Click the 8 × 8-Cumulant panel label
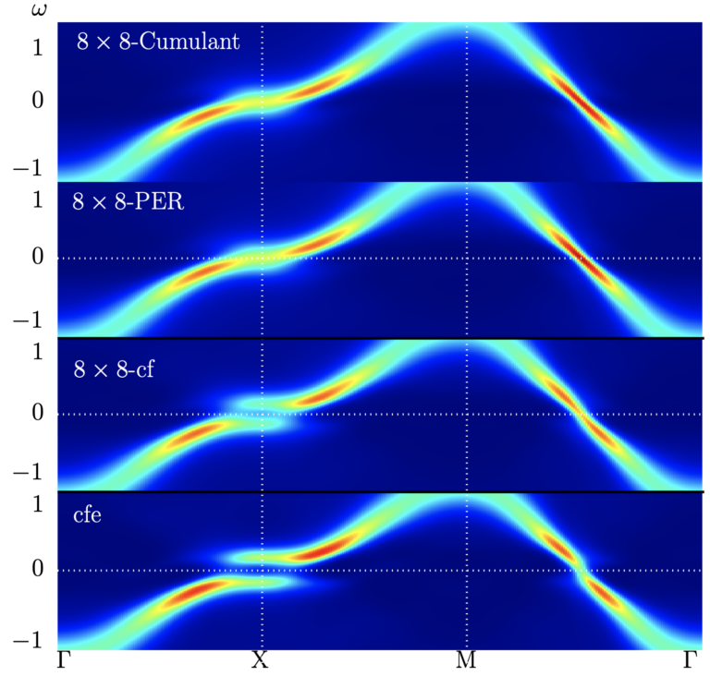pyautogui.click(x=159, y=43)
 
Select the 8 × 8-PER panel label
pyautogui.click(x=129, y=202)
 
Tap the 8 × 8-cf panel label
pyautogui.click(x=115, y=370)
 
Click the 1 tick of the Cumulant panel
pyautogui.click(x=38, y=46)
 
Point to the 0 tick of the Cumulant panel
pyautogui.click(x=38, y=100)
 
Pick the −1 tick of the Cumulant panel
pyautogui.click(x=31, y=169)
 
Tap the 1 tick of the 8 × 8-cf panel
pyautogui.click(x=38, y=353)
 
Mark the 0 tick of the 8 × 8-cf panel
pyautogui.click(x=38, y=413)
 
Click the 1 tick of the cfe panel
pyautogui.click(x=38, y=506)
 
